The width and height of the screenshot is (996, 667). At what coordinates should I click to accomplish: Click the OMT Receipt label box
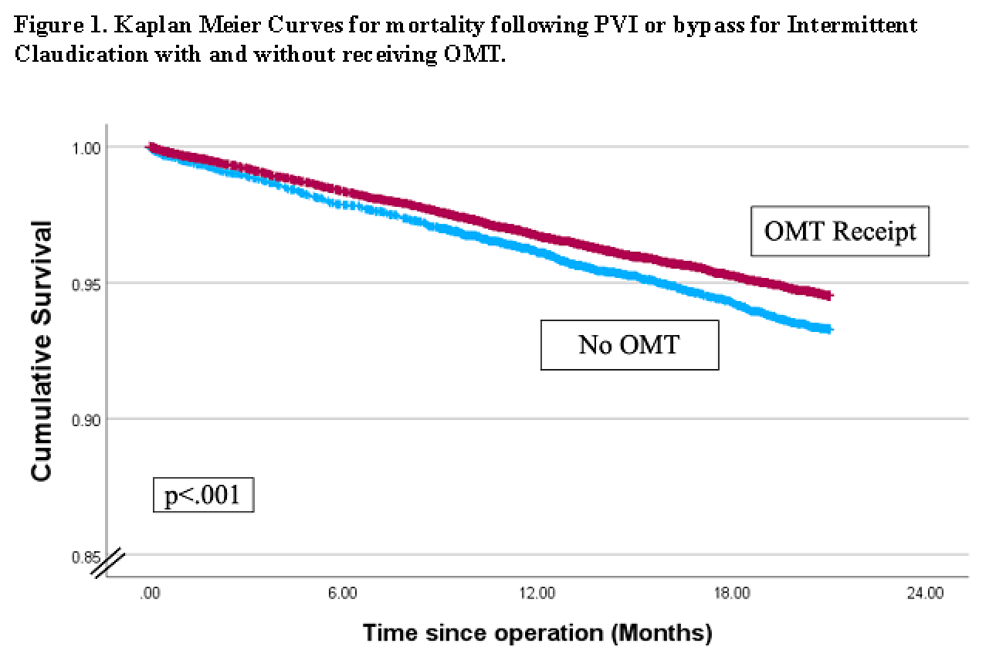[x=840, y=231]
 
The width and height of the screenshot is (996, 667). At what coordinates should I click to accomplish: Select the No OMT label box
[x=629, y=344]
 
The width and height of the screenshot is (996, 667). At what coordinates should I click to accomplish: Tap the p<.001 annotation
[x=202, y=495]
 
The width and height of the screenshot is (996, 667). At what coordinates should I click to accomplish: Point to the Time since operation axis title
[x=537, y=634]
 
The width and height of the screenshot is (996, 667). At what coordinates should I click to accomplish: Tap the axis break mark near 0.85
[x=107, y=564]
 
